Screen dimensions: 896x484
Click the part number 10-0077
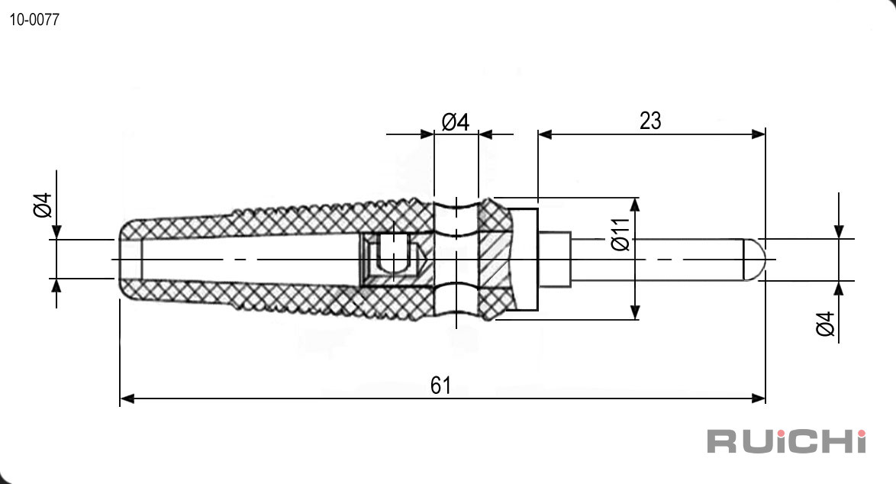coord(34,19)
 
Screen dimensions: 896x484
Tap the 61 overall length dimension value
coord(440,386)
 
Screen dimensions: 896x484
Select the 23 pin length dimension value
coord(650,121)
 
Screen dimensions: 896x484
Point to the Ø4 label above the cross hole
coord(456,121)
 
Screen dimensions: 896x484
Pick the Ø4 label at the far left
coord(43,205)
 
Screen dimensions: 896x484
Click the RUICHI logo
coord(786,441)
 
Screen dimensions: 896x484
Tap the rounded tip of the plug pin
coord(754,260)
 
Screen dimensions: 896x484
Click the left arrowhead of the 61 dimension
coord(127,398)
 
